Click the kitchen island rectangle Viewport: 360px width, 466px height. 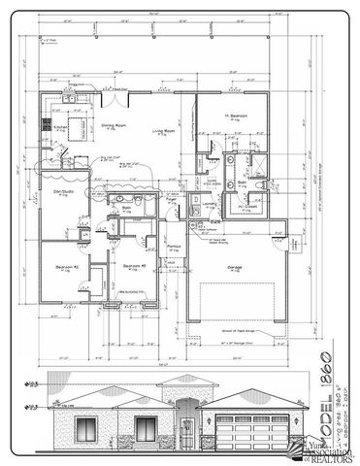tap(73, 146)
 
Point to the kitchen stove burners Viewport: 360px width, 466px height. tap(46, 123)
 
